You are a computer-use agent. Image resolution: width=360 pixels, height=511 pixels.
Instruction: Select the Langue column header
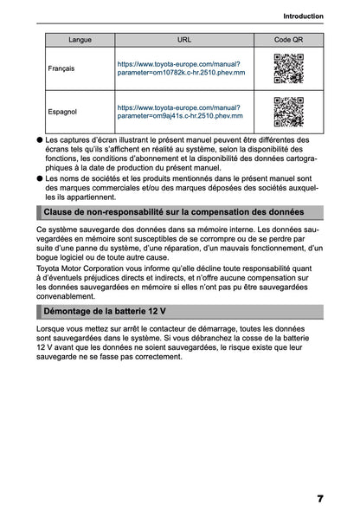point(80,40)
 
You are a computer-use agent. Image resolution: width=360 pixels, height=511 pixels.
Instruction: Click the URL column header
point(184,40)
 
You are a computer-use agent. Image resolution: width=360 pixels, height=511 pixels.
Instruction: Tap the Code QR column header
point(288,40)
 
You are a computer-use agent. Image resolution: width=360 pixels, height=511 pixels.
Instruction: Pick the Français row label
point(61,68)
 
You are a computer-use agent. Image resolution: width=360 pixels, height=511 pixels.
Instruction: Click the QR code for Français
point(288,68)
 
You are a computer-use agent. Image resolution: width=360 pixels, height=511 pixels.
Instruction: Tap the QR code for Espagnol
point(288,110)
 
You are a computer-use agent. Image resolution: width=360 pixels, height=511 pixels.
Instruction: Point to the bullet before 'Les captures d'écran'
point(40,139)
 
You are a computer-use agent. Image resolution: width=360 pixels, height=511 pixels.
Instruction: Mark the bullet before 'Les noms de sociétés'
point(40,178)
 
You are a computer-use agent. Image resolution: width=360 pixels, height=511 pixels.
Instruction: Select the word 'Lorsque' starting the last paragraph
point(52,332)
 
